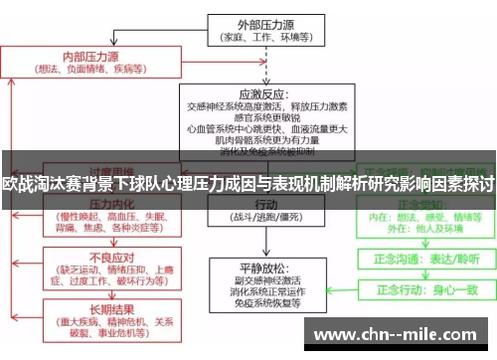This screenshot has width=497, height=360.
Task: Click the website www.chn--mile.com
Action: [402, 332]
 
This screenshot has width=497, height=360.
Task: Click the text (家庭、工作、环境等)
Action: [261, 39]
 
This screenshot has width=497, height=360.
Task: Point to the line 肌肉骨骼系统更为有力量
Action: [261, 140]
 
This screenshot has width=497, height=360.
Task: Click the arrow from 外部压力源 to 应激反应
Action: [261, 63]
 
